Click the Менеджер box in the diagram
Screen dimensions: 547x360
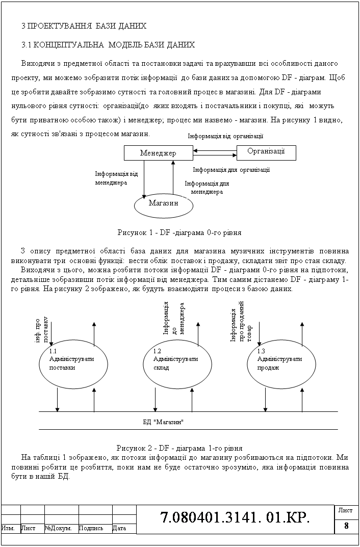(x=158, y=153)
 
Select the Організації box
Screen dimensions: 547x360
(x=266, y=151)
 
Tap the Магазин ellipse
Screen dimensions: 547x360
(x=164, y=203)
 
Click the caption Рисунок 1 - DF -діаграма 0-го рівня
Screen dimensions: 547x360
(x=179, y=232)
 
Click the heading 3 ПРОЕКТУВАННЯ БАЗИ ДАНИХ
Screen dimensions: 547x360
(x=84, y=25)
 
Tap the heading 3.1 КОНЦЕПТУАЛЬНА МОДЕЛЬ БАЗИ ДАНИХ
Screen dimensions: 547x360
(x=108, y=45)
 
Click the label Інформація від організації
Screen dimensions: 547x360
(x=225, y=136)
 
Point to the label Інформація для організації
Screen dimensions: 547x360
(x=231, y=169)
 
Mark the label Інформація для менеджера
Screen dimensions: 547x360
(x=207, y=188)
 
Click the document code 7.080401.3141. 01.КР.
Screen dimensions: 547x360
(x=235, y=518)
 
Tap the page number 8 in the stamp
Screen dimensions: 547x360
(x=346, y=527)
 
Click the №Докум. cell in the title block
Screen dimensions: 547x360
(x=61, y=529)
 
